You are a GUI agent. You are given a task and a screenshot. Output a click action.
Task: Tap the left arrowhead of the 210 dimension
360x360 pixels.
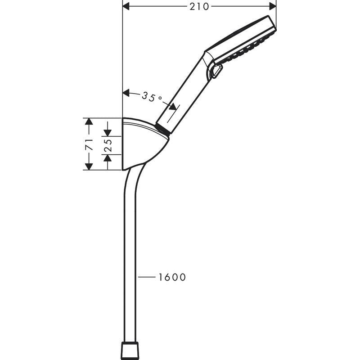pyautogui.click(x=126, y=6)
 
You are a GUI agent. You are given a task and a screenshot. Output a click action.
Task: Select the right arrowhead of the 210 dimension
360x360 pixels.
pyautogui.click(x=272, y=6)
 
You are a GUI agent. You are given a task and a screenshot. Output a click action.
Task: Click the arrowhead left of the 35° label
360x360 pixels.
pyautogui.click(x=126, y=93)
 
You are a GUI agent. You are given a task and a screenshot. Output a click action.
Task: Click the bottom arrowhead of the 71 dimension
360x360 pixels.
pyautogui.click(x=89, y=166)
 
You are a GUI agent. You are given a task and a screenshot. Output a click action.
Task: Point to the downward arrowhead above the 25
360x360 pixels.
pyautogui.click(x=108, y=132)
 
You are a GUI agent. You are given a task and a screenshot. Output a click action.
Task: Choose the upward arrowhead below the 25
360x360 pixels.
pyautogui.click(x=108, y=158)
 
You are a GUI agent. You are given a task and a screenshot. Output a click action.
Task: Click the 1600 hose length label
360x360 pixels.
pyautogui.click(x=172, y=277)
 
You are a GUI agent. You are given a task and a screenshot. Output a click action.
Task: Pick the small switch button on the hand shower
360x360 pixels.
pyautogui.click(x=216, y=71)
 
